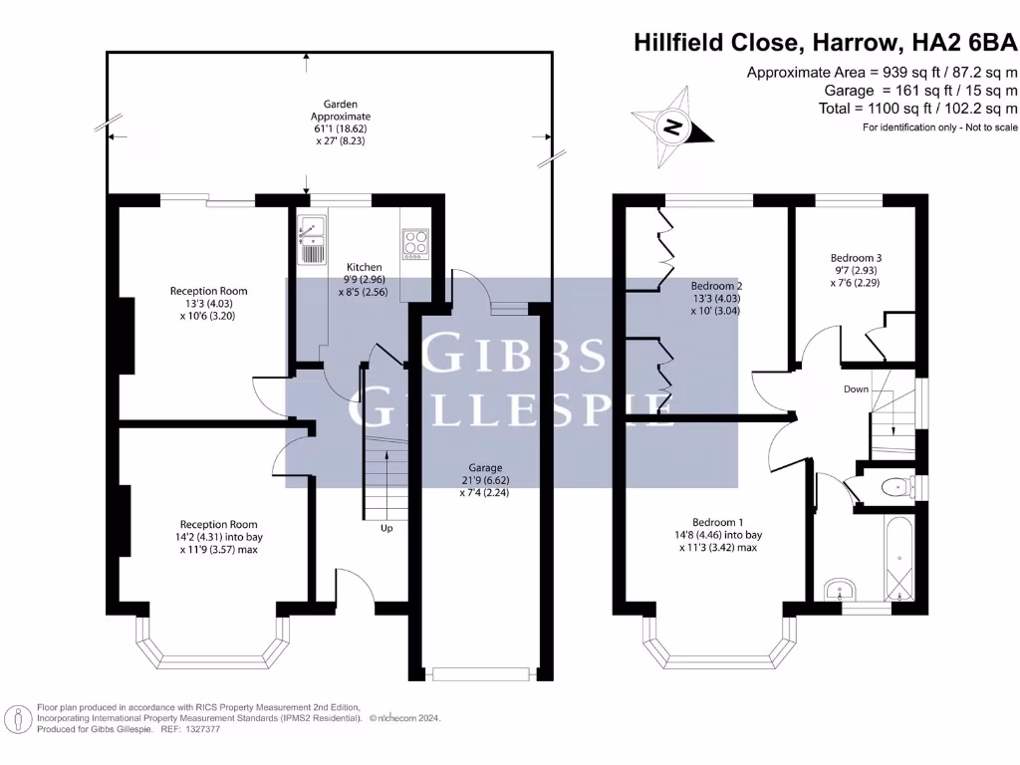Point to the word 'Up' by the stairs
point(386,528)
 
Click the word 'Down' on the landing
point(856,389)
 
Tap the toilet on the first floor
point(896,487)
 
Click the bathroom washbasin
point(836,589)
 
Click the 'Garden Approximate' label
point(340,110)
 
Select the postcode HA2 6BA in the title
point(963,43)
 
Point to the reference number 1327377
point(199,729)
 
